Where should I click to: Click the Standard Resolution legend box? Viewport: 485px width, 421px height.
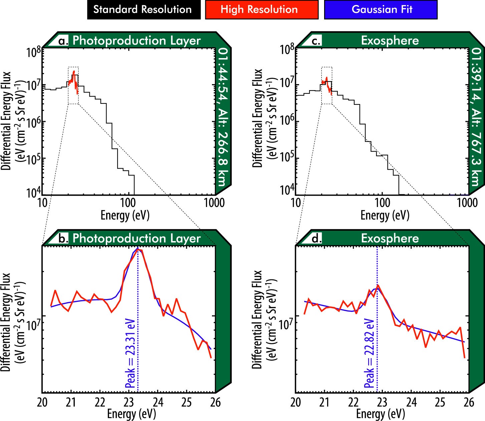coord(144,10)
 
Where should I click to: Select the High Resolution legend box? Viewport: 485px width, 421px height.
coord(261,10)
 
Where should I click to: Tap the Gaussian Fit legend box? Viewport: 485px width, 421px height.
coord(381,10)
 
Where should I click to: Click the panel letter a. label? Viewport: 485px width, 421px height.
coord(63,41)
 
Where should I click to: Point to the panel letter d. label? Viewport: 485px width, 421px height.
coord(316,238)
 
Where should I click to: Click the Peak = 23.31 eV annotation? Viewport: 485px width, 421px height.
coord(131,354)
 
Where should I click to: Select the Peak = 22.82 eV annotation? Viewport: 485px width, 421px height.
coord(370,353)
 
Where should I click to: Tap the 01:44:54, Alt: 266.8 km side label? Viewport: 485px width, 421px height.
coord(222,117)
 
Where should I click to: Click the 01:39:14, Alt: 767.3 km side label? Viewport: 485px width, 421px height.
coord(476,117)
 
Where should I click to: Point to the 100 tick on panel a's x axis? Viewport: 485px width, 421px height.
coord(128,203)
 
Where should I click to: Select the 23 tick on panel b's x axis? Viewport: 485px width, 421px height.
coord(129,402)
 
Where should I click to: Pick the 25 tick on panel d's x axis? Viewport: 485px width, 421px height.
coord(440,402)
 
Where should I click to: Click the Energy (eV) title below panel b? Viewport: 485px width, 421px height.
coord(132,414)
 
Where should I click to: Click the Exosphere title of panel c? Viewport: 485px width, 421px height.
coord(390,41)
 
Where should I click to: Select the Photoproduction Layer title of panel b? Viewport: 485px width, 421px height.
coord(137,238)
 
